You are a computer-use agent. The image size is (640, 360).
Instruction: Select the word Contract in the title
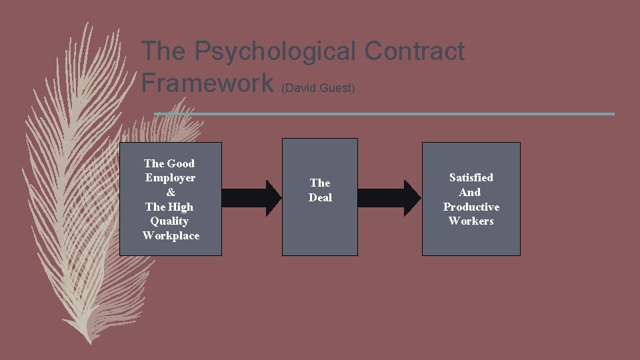coord(415,51)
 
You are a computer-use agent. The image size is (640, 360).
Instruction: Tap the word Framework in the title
coord(207,83)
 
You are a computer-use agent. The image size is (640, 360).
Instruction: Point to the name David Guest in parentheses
coord(318,87)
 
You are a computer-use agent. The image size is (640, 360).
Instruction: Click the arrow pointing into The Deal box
coord(253,198)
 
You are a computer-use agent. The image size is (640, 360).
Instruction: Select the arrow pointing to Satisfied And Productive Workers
coord(390,198)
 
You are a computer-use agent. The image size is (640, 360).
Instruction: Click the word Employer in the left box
coord(171,177)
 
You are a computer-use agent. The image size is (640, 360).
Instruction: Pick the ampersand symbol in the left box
coord(171,192)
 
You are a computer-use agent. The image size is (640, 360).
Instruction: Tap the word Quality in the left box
coord(169,221)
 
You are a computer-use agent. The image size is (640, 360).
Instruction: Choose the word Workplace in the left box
coord(171,235)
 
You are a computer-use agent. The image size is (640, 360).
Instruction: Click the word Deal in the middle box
coord(320,197)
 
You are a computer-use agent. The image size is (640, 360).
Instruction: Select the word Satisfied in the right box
coord(471,177)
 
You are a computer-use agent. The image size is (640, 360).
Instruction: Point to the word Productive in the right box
coord(471,207)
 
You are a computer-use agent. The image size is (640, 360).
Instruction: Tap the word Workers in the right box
coord(471,221)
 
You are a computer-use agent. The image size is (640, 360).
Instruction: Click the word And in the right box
coord(470,192)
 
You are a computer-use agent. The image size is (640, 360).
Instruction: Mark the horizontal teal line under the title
coord(383,114)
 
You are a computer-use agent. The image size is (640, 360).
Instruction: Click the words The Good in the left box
coord(169,163)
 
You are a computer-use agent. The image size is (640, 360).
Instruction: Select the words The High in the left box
coord(169,207)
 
